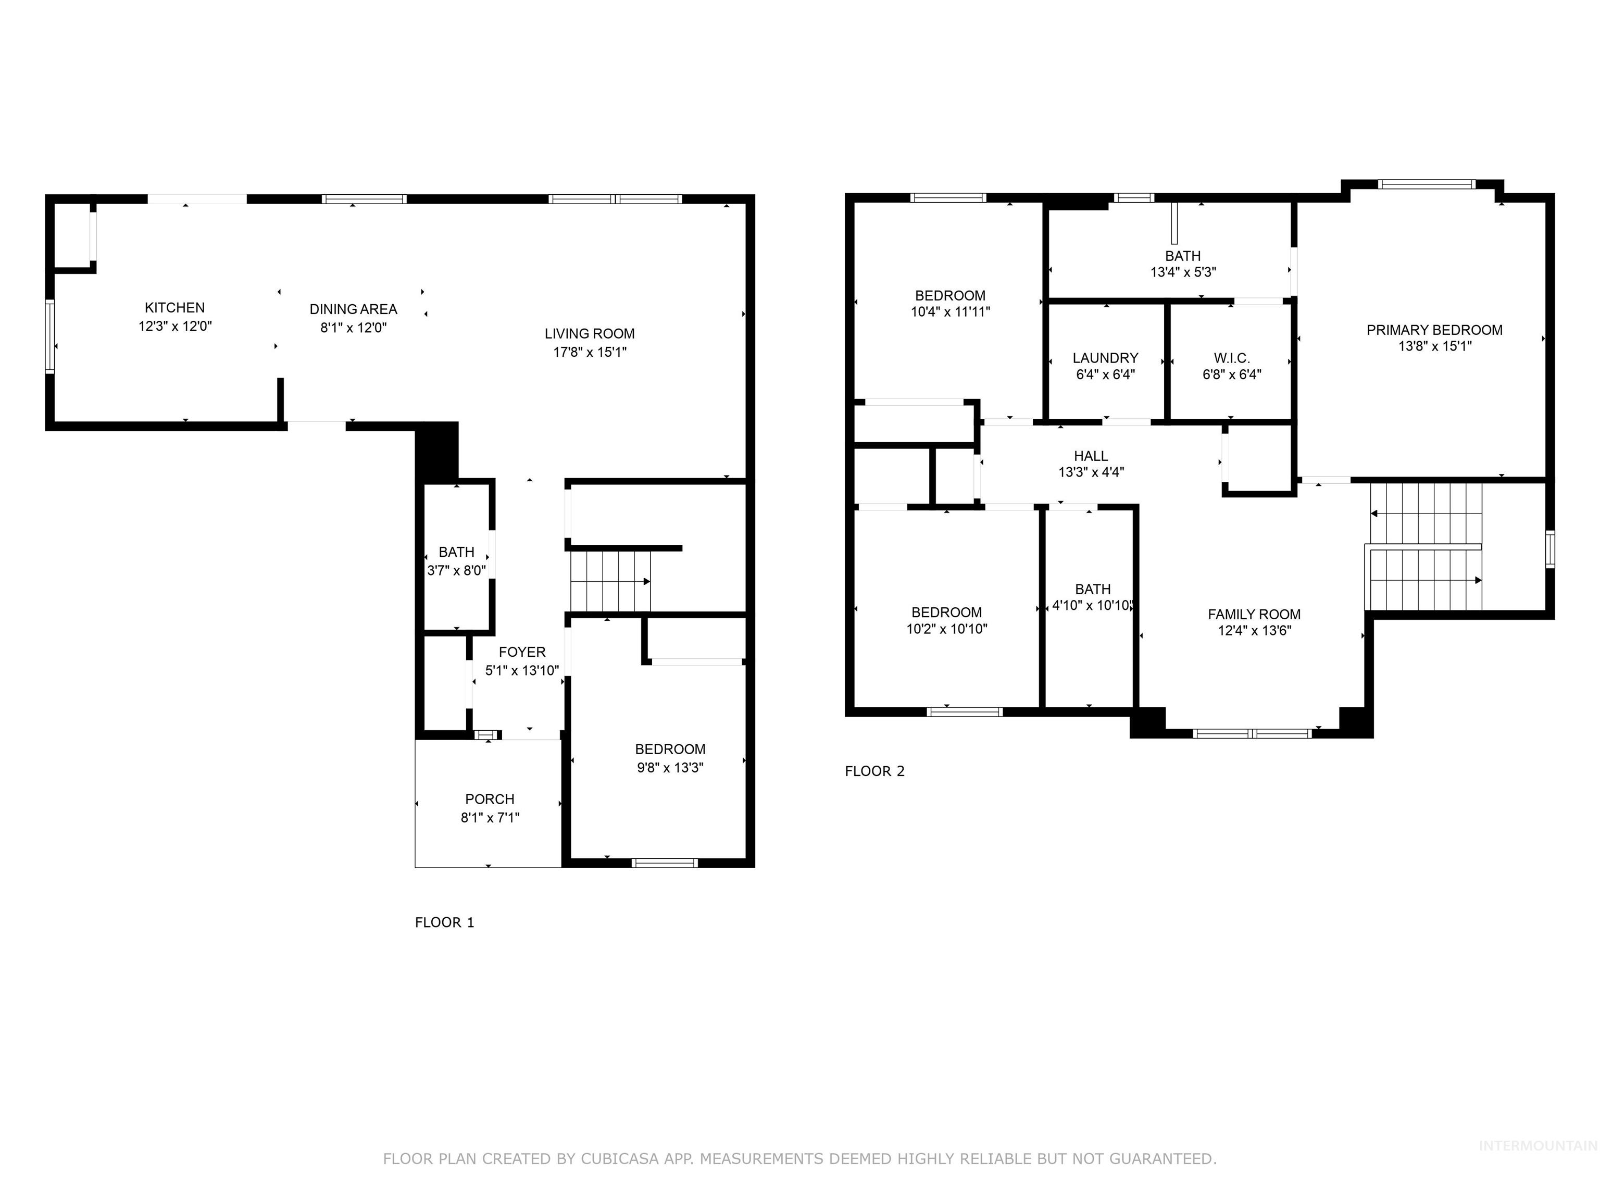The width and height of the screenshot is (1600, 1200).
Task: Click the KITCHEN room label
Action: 174,307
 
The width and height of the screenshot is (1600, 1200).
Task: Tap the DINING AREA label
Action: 353,309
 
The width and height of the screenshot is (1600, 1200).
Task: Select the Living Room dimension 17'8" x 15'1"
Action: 590,352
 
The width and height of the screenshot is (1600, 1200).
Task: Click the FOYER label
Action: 521,652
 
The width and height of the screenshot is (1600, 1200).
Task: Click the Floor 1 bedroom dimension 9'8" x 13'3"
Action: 670,768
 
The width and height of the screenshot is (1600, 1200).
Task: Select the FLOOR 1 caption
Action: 444,922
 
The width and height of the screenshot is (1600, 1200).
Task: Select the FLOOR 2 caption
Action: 874,771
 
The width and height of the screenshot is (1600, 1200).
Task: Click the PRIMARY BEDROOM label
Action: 1434,330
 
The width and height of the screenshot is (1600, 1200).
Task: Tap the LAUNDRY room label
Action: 1105,358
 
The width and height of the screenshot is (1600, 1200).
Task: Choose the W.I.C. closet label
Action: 1231,358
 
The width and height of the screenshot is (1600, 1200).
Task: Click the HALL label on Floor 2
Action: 1090,456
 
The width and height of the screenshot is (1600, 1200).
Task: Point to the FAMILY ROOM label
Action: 1254,614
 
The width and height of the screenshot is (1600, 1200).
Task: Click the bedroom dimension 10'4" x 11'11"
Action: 949,312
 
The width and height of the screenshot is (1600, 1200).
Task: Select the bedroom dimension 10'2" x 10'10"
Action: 946,629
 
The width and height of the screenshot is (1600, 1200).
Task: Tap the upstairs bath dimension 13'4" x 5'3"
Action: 1183,272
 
